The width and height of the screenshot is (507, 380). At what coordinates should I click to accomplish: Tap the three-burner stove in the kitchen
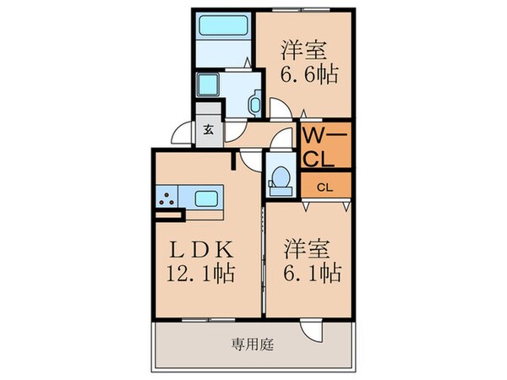(x=166, y=201)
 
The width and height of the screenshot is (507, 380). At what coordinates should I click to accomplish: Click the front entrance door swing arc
(x=184, y=135)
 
